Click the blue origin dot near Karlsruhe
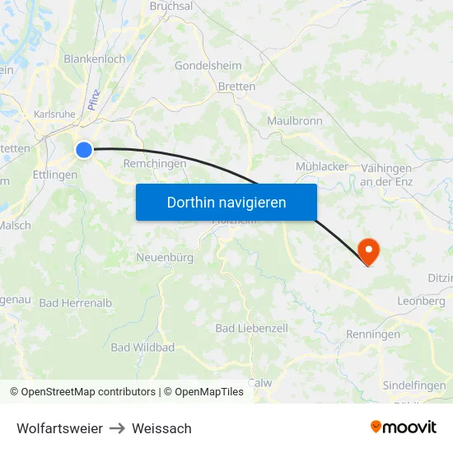(84, 149)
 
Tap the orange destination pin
(368, 250)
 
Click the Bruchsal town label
(171, 6)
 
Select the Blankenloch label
(95, 59)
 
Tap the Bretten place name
(236, 86)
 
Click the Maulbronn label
(295, 120)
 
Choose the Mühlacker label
(322, 166)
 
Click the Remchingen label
(155, 164)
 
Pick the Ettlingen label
(55, 175)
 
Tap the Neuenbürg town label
(165, 258)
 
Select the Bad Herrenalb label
(76, 303)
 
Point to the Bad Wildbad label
(142, 348)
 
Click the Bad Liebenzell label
(252, 328)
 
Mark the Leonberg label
(422, 301)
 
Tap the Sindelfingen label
(415, 385)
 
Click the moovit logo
(404, 427)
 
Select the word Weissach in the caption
(161, 428)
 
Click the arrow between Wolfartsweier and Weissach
(117, 428)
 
